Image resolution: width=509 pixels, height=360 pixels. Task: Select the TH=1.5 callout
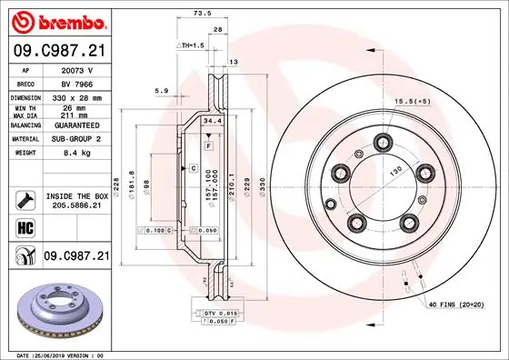point(189,45)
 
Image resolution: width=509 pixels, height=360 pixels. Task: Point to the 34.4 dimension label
point(212,120)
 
